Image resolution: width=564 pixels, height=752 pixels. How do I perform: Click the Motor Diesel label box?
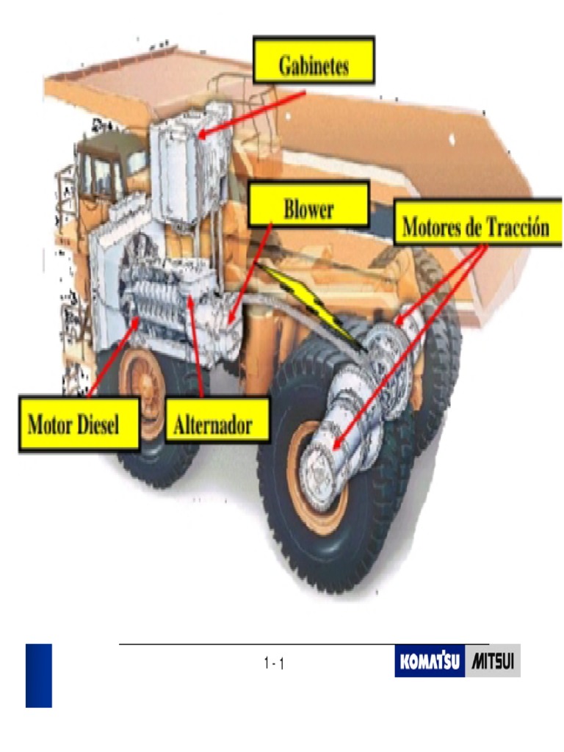pyautogui.click(x=79, y=424)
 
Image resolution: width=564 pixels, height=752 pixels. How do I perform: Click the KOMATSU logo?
pyautogui.click(x=430, y=661)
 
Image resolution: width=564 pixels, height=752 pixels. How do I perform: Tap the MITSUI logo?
pyautogui.click(x=493, y=661)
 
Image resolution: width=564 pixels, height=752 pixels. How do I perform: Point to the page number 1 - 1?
pyautogui.click(x=274, y=664)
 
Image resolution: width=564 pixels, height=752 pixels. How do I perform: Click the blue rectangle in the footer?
pyautogui.click(x=39, y=675)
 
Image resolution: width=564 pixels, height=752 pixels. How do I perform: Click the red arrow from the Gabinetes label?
pyautogui.click(x=250, y=114)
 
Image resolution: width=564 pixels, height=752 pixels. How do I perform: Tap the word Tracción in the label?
pyautogui.click(x=517, y=228)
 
